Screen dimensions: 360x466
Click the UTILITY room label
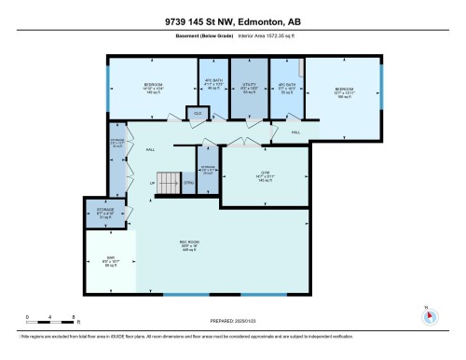pos(248,87)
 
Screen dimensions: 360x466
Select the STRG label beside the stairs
pos(188,184)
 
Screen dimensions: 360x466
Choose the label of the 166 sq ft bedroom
pos(345,91)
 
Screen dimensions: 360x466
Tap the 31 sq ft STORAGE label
pos(105,212)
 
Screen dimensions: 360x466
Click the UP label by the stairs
pos(152,183)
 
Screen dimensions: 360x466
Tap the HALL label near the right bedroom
pos(296,132)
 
